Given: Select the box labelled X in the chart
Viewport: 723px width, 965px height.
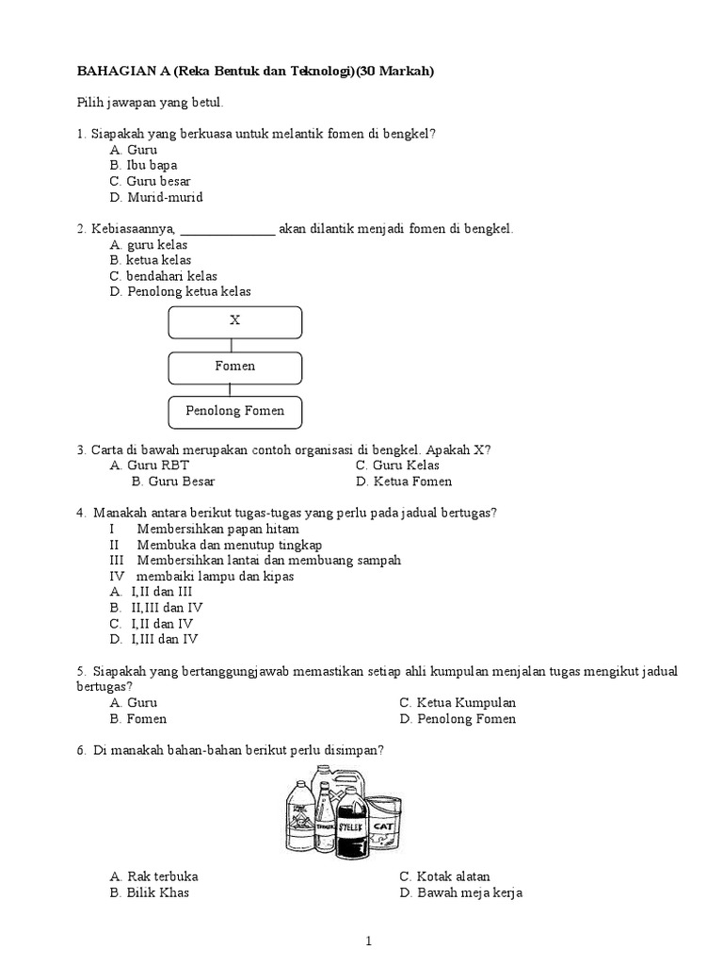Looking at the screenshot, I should (x=235, y=321).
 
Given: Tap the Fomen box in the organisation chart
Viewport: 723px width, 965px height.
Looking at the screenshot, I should (x=235, y=367).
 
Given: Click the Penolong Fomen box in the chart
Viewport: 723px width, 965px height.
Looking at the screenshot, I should (x=235, y=412).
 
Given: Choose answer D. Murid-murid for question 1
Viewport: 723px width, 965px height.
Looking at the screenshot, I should (x=155, y=198).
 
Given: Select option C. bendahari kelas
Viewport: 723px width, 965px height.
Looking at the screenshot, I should (x=163, y=276).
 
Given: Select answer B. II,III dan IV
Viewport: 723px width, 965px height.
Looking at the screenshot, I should (x=156, y=608).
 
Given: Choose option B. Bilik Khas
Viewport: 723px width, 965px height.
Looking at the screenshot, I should (x=150, y=892).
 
